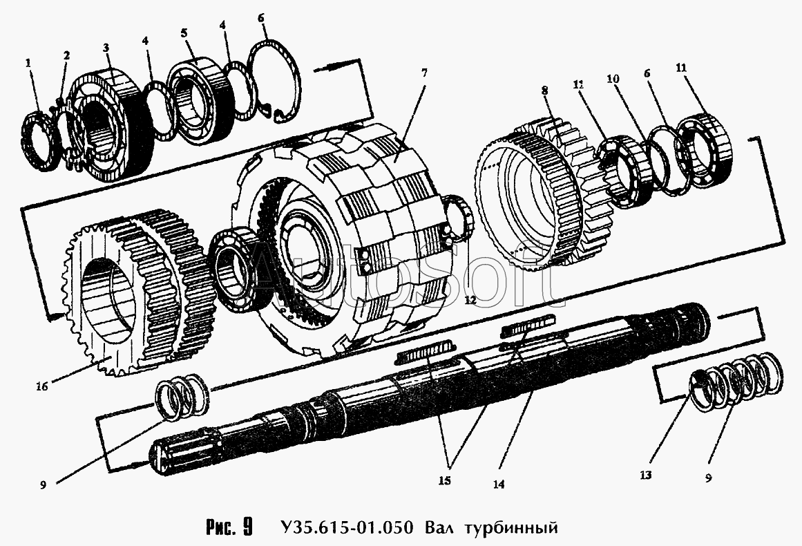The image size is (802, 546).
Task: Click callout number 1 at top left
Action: click(28, 63)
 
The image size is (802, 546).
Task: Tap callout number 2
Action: click(66, 55)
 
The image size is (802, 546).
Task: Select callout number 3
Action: click(106, 48)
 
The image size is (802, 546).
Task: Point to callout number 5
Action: click(184, 33)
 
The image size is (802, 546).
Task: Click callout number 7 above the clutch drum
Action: click(424, 71)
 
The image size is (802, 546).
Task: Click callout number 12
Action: click(470, 300)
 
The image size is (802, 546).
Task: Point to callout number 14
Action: click(499, 484)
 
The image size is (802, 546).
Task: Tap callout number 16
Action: click(42, 386)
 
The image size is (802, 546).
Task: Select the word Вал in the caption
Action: click(437, 529)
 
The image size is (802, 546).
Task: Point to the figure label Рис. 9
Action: click(228, 529)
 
